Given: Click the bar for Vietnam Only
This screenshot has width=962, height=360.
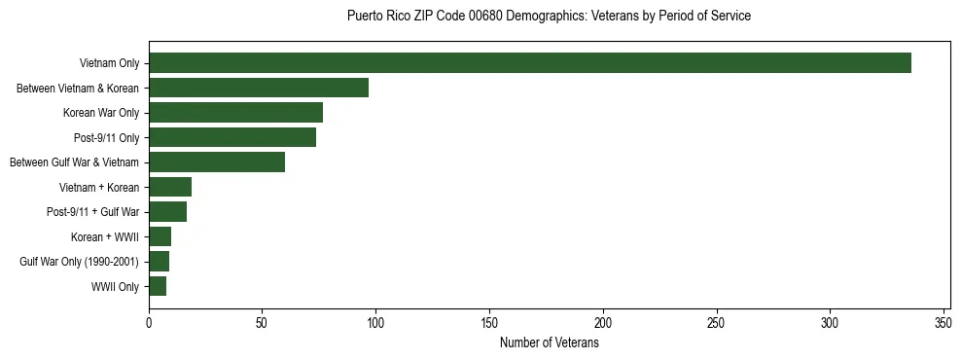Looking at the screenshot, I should tap(530, 63).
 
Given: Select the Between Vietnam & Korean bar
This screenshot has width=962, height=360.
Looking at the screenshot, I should tap(259, 88).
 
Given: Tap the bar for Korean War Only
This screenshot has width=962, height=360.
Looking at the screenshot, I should tap(236, 113).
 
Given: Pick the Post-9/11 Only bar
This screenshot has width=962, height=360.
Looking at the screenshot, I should tap(232, 137).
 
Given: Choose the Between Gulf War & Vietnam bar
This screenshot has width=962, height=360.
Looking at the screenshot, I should tap(217, 162).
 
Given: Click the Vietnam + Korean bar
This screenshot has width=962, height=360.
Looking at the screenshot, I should tap(170, 187).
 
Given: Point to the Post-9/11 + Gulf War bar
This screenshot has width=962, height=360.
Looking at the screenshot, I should tap(168, 211).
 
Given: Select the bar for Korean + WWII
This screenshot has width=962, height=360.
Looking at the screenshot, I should tap(160, 236).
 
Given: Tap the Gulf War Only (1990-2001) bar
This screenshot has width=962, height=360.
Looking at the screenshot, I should tap(160, 261).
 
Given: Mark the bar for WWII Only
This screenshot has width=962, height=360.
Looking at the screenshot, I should tap(158, 286).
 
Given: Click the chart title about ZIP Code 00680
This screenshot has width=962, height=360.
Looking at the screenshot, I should tap(549, 17).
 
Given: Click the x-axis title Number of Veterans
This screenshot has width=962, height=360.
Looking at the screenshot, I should tap(549, 342).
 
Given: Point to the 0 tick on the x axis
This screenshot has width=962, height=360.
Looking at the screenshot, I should tap(149, 323).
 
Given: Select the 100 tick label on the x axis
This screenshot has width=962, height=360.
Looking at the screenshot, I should tap(375, 323).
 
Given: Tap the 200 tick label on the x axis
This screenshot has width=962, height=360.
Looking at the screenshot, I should tap(603, 323).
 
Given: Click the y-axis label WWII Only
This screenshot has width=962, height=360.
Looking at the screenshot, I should tap(115, 286).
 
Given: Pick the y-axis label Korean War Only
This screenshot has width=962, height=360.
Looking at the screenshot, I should tap(101, 113).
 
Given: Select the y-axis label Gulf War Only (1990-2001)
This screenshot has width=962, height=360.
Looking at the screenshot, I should tap(80, 261).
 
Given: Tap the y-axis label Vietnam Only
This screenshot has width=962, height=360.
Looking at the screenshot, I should tap(109, 63).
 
